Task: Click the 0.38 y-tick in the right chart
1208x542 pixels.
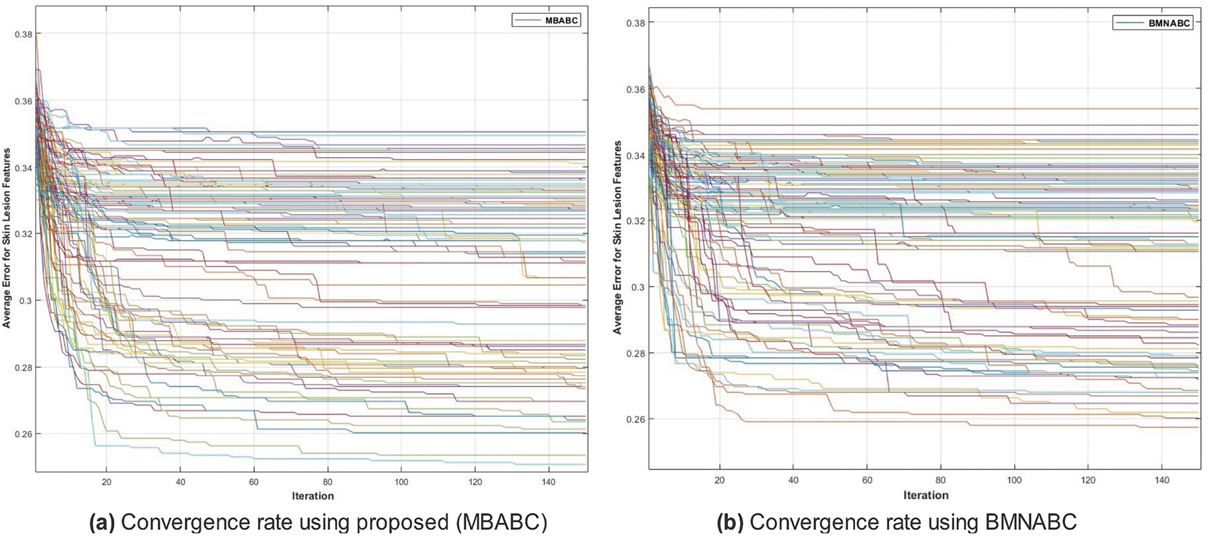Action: pos(636,23)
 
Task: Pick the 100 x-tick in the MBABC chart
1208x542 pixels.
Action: pos(401,482)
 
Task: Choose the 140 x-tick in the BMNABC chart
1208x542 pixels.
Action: pos(1162,480)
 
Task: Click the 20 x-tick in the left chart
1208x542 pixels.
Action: pos(107,482)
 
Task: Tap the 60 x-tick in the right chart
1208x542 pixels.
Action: pos(867,480)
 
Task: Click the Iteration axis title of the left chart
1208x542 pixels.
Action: pos(313,496)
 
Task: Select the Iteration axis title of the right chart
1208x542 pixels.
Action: pos(926,495)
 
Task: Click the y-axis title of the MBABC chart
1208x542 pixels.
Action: pos(7,239)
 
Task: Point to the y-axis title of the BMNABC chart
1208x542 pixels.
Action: pos(617,237)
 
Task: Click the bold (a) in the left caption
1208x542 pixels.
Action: pos(102,522)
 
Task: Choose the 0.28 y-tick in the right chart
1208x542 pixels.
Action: pos(636,353)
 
